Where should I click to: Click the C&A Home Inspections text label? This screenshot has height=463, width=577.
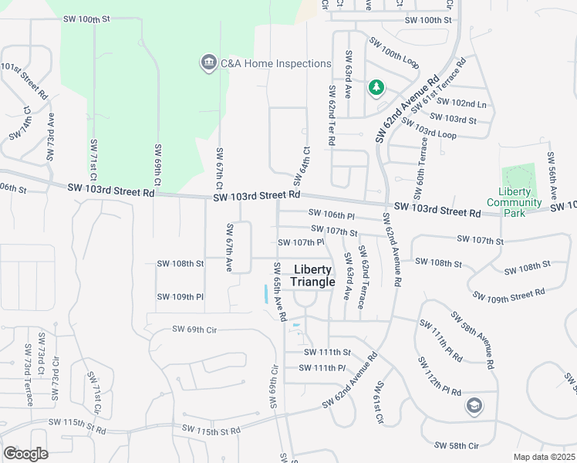click(x=275, y=64)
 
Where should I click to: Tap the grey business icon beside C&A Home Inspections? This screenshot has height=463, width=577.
click(x=208, y=63)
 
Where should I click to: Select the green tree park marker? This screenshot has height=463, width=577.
click(x=376, y=88)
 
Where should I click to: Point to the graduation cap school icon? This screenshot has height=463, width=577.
click(x=474, y=405)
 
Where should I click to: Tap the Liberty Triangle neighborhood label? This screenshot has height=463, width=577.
click(x=313, y=275)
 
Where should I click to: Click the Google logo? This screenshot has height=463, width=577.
click(x=25, y=454)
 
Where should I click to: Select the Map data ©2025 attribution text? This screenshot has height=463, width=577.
click(x=544, y=457)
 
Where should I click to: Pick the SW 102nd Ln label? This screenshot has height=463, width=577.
click(x=469, y=103)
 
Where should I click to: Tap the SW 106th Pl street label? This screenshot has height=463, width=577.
click(x=330, y=214)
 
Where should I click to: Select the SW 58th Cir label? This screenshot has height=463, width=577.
click(x=457, y=445)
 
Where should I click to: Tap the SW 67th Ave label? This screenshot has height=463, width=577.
click(x=229, y=248)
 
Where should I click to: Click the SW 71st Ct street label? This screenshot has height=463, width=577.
click(x=93, y=154)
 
